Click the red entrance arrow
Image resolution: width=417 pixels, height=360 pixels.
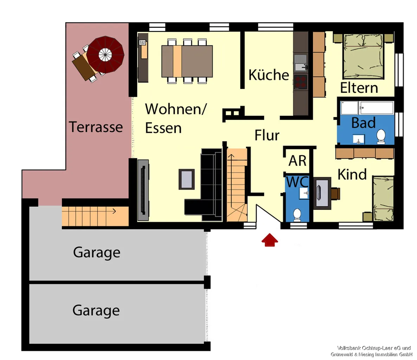270,240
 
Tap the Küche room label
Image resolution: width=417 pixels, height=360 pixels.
269,75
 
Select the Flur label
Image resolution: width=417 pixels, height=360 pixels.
267,135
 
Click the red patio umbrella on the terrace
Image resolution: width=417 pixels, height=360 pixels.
105,55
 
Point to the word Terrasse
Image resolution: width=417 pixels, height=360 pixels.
96,127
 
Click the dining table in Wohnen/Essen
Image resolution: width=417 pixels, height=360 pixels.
187,61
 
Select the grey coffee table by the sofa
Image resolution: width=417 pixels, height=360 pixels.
186,179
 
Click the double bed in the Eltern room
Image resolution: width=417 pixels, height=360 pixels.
364,56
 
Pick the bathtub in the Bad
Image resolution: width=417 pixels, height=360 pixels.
367,108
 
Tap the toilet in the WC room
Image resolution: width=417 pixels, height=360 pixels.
297,215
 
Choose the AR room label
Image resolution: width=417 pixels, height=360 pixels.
297,161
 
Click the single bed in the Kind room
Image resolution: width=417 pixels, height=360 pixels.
383,199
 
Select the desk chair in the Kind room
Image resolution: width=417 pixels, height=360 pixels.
335,193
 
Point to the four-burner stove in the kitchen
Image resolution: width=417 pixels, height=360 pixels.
301,82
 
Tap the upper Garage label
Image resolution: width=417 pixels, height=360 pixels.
97,252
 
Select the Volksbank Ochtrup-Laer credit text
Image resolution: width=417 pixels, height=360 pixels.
374,348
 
